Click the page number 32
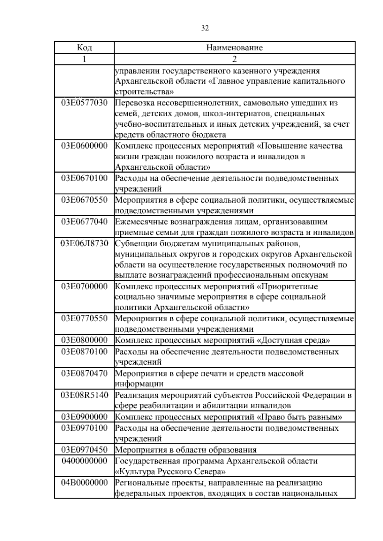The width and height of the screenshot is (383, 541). (205, 28)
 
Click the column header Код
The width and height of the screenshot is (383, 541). (85, 48)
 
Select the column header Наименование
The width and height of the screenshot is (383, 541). (235, 48)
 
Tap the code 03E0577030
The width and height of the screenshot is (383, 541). (85, 103)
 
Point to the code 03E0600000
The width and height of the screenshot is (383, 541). (85, 146)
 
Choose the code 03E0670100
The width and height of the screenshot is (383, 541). (85, 178)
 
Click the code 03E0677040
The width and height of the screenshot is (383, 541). (85, 221)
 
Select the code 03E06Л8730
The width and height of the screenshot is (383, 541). (85, 243)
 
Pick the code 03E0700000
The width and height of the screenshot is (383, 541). (85, 286)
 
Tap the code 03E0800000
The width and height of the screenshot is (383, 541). (85, 340)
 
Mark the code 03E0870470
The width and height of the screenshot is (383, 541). (85, 373)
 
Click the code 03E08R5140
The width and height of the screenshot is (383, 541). (85, 395)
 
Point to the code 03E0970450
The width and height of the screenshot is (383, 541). (85, 450)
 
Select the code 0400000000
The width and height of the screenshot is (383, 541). (85, 461)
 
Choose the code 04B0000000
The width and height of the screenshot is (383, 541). (85, 483)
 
